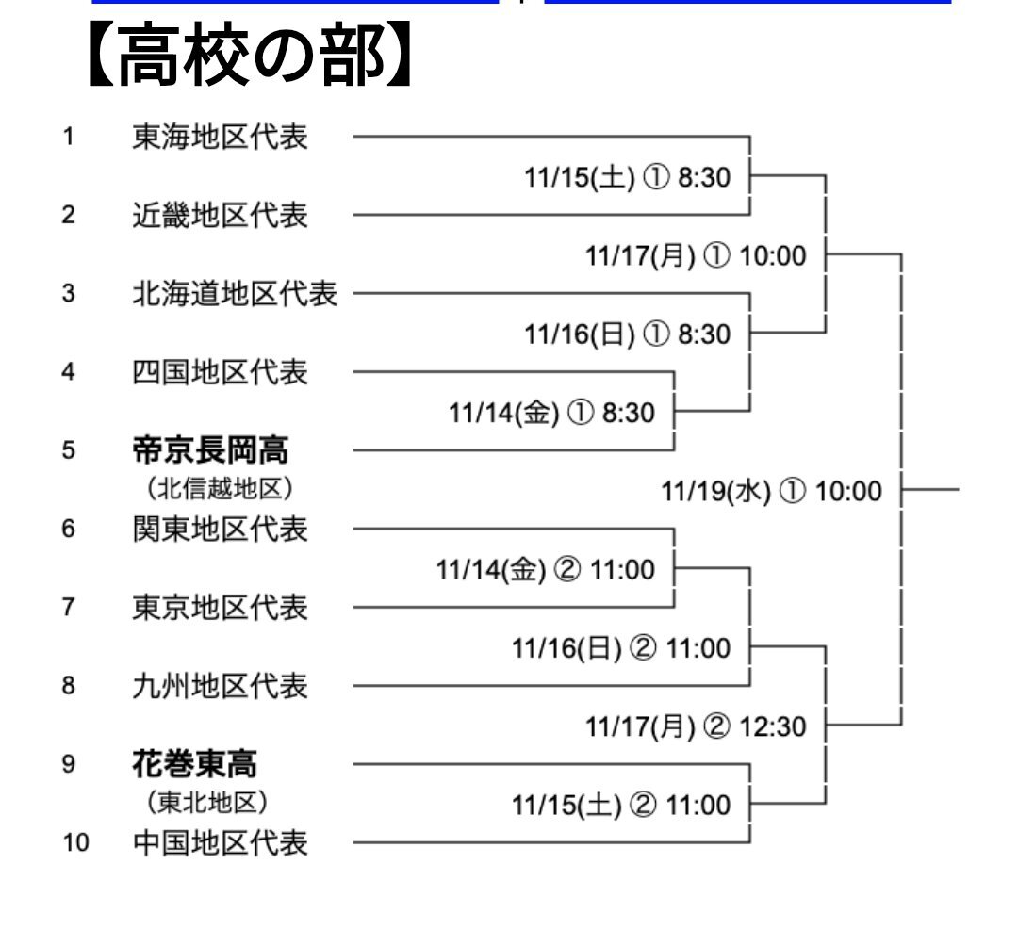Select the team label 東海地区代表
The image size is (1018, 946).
click(220, 138)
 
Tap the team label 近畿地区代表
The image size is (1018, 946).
click(220, 216)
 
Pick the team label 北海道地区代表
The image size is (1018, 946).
click(234, 294)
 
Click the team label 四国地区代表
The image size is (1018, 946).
click(220, 372)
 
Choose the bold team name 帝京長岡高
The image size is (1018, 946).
click(210, 450)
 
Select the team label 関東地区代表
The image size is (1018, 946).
click(220, 529)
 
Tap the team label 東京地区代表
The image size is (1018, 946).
click(220, 608)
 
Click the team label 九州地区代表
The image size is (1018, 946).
click(220, 686)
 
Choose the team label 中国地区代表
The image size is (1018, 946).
click(220, 841)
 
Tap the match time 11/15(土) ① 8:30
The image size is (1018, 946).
click(627, 177)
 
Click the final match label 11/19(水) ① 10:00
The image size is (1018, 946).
click(771, 491)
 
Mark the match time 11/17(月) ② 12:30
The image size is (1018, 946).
click(696, 726)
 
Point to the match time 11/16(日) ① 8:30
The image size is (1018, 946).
click(627, 334)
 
